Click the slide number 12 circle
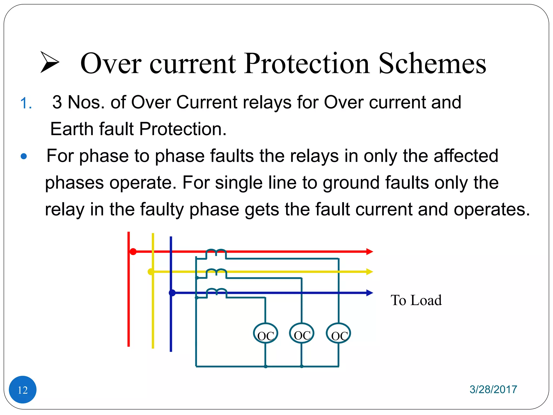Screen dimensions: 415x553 point(23,389)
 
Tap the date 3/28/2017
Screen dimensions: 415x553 point(493,389)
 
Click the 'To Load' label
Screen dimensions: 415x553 point(416,300)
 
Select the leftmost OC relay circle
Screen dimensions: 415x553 point(265,333)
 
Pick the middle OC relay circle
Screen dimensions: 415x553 point(302,333)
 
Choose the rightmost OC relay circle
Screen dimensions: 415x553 point(338,333)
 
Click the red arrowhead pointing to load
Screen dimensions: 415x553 point(369,252)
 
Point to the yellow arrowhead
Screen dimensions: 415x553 point(369,272)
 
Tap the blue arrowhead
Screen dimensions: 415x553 point(369,293)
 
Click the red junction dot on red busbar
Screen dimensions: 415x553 point(133,252)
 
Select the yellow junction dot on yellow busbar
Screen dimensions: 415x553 point(151,272)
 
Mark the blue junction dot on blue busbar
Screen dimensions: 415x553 point(172,293)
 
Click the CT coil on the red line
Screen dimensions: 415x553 point(216,253)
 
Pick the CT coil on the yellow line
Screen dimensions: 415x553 point(216,273)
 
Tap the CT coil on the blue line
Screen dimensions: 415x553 point(216,293)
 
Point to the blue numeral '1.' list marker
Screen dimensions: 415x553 point(26,103)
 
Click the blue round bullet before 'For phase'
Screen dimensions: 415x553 point(24,156)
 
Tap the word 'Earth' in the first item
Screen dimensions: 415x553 point(72,129)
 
